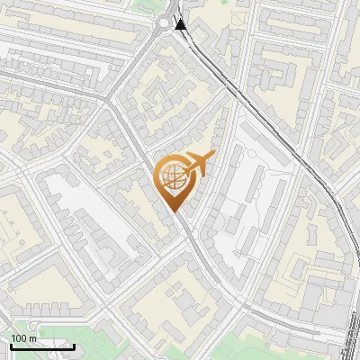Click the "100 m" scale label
(22, 338)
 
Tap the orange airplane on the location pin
(199, 164)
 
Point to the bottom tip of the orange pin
(175, 212)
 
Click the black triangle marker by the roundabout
(182, 24)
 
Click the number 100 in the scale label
(19, 338)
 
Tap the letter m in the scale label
(31, 338)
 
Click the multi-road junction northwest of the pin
(111, 100)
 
